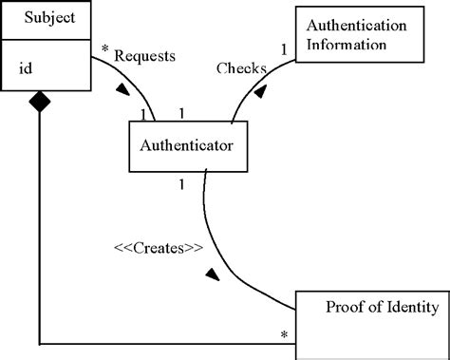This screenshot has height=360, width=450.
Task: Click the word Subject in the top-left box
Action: (45, 17)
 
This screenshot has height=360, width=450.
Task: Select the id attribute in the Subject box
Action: (29, 67)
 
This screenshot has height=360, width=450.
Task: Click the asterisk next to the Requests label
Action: (104, 48)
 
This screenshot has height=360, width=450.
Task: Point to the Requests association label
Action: (144, 56)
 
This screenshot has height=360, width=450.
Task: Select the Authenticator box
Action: (194, 146)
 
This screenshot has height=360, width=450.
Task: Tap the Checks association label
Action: (240, 68)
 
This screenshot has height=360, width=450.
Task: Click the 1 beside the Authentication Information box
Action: (282, 48)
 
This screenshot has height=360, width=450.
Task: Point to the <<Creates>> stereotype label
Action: (159, 248)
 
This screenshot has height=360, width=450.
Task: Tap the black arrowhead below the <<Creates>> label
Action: (213, 275)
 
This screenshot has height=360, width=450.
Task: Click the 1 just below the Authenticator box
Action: (181, 182)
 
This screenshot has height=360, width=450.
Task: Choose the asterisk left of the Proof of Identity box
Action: (283, 335)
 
